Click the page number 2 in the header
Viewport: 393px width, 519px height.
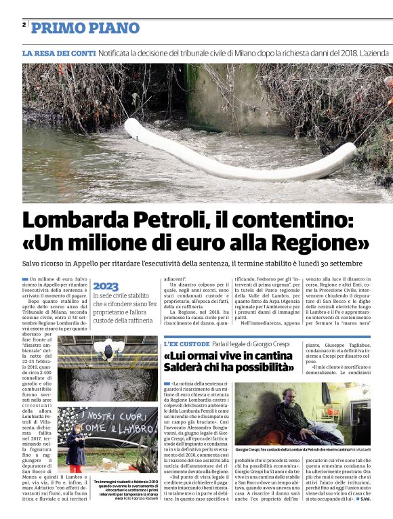pyautogui.click(x=24, y=24)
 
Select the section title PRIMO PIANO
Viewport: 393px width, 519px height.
pyautogui.click(x=85, y=28)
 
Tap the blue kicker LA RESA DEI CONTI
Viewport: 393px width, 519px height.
pyautogui.click(x=59, y=53)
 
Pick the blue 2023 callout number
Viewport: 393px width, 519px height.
pyautogui.click(x=106, y=286)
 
